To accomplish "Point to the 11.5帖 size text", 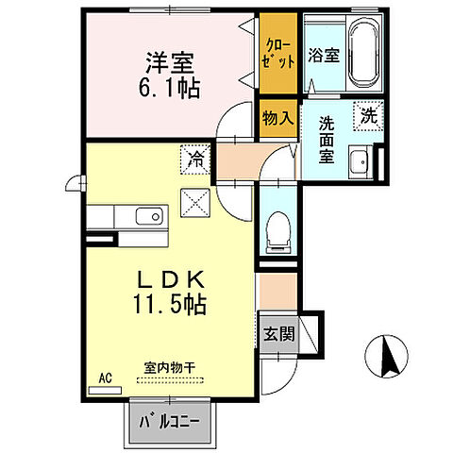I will [x=171, y=305].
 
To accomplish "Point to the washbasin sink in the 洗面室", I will [x=358, y=163].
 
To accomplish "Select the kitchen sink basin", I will [x=149, y=217].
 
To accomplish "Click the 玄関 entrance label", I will [x=277, y=333].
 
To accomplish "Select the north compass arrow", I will [x=386, y=357].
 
